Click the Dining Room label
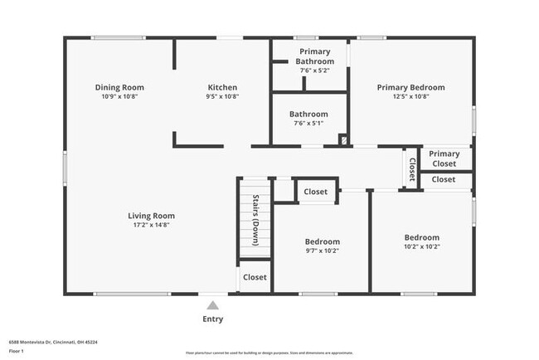pyautogui.click(x=119, y=87)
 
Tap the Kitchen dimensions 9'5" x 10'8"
pyautogui.click(x=222, y=96)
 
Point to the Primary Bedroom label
pyautogui.click(x=410, y=87)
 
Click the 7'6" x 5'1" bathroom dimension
pyautogui.click(x=308, y=124)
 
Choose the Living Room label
pyautogui.click(x=151, y=216)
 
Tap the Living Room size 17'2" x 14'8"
pyautogui.click(x=151, y=225)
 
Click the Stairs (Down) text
pyautogui.click(x=255, y=216)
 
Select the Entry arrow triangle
pyautogui.click(x=213, y=304)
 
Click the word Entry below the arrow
pyautogui.click(x=213, y=319)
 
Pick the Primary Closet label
pyautogui.click(x=444, y=158)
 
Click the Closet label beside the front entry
pyautogui.click(x=255, y=277)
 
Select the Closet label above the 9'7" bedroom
pyautogui.click(x=315, y=192)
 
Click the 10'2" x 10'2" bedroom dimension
pyautogui.click(x=421, y=246)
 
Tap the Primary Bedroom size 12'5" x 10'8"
pyautogui.click(x=410, y=96)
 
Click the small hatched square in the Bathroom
pyautogui.click(x=343, y=140)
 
